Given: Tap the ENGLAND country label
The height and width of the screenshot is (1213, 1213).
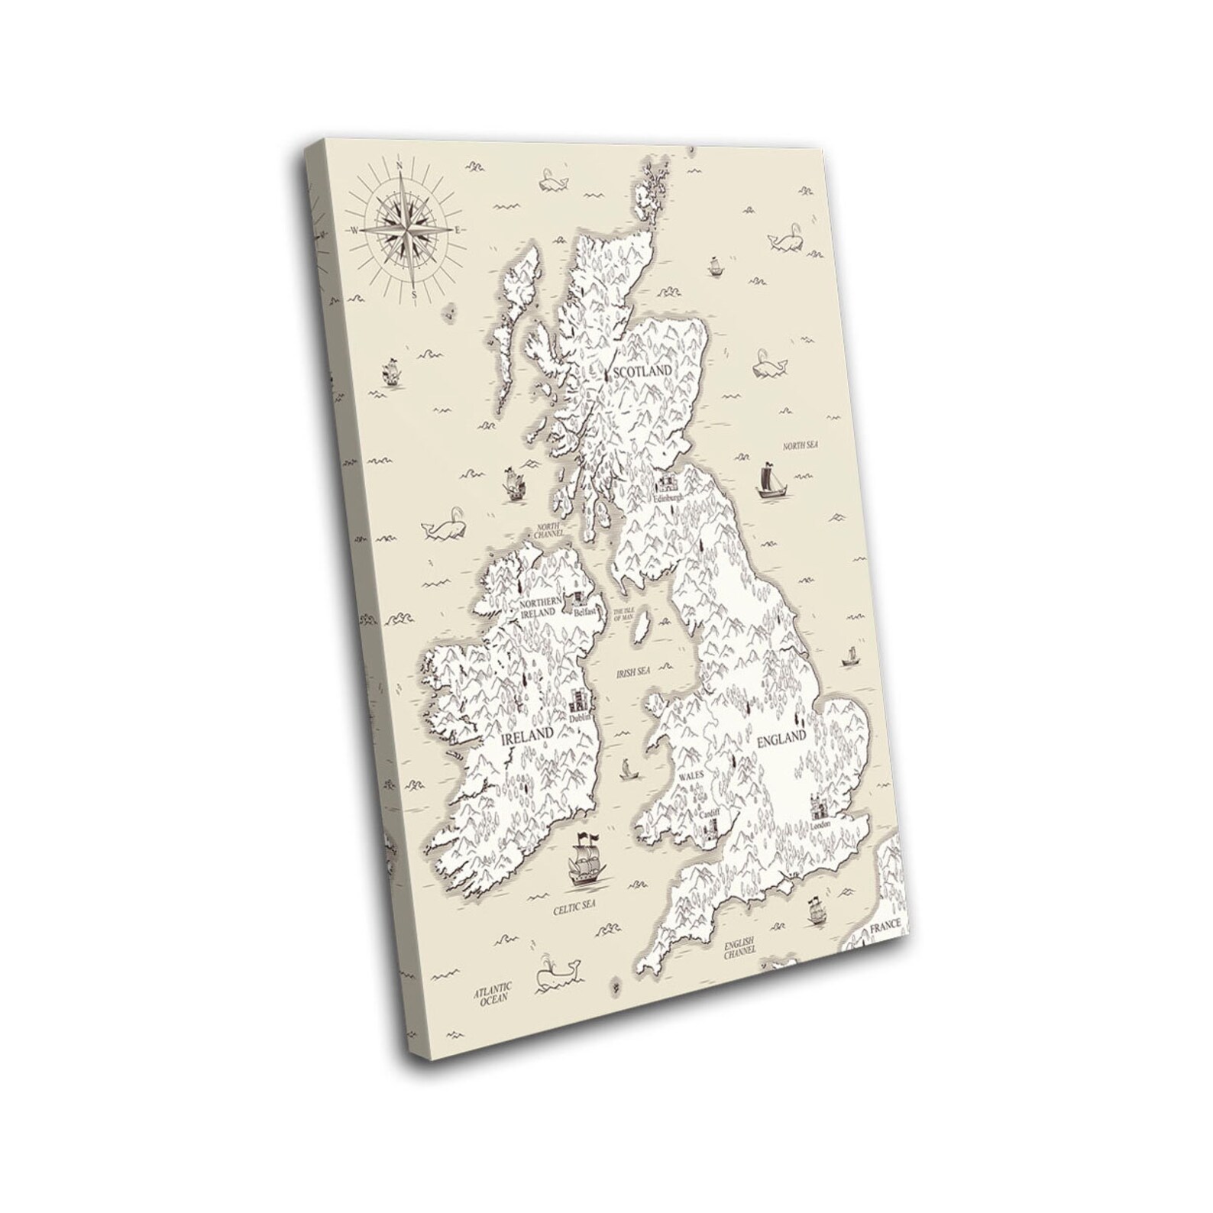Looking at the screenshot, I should coord(781,739).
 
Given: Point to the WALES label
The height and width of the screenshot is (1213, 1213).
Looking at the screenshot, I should coord(691,775).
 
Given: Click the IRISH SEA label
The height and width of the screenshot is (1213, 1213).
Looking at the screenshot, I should coord(633,671).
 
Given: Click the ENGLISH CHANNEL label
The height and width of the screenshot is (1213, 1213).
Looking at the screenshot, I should coord(740,947).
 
